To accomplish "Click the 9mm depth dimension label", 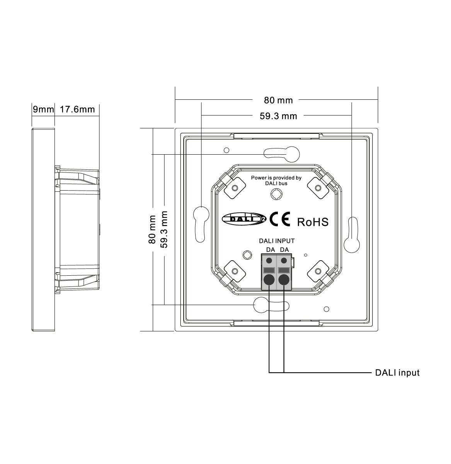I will click(x=43, y=109).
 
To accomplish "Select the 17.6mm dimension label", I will click(x=77, y=109).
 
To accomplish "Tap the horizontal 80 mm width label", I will click(x=278, y=100).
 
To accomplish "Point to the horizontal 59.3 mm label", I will click(x=278, y=116).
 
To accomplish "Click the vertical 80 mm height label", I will click(x=152, y=229).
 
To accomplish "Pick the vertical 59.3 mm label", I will click(x=164, y=229).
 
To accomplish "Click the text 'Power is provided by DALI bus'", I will click(x=276, y=181).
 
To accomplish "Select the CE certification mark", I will click(x=280, y=219).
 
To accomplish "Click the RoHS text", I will click(x=313, y=222).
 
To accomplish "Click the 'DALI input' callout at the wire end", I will click(x=397, y=373).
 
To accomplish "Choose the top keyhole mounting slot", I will click(x=282, y=154).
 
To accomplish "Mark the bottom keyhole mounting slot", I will click(x=271, y=305).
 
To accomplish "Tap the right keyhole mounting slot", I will click(x=353, y=235).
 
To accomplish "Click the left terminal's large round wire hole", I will click(x=269, y=280).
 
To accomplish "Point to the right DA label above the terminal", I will click(x=284, y=250).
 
